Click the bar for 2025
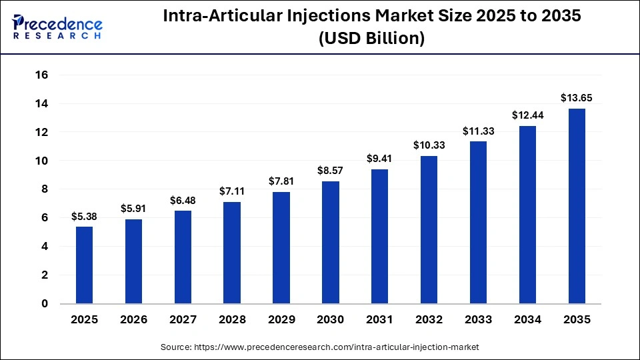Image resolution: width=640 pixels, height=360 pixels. tap(84, 265)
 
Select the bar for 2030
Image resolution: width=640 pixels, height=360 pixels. tap(331, 242)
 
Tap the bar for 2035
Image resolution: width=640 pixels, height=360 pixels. tap(577, 206)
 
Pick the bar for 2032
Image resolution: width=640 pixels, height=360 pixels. tap(429, 229)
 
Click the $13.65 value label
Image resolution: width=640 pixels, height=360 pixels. tap(577, 98)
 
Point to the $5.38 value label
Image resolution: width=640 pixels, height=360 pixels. tap(84, 216)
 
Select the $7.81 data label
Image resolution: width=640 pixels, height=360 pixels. tap(281, 181)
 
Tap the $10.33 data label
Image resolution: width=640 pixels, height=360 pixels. tap(429, 145)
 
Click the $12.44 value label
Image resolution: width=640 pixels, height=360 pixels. tap(527, 115)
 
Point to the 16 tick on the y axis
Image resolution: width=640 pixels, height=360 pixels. tap(41, 75)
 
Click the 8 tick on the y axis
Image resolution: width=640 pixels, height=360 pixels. tap(45, 189)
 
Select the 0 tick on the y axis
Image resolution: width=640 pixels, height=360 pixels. tap(45, 303)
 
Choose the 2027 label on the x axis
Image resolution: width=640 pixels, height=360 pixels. tap(183, 320)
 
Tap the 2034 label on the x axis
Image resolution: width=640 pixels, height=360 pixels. tap(527, 320)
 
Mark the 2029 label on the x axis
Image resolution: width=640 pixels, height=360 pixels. tap(281, 320)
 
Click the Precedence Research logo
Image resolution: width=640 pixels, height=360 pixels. tap(57, 26)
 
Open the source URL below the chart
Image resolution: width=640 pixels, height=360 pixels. tap(319, 347)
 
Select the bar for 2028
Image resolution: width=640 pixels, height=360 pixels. tap(232, 253)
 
